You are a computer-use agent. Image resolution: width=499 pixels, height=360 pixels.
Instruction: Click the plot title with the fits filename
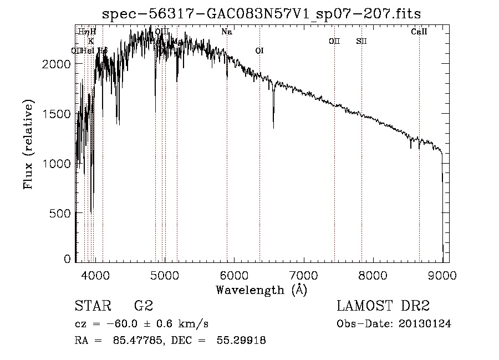(x=266, y=14)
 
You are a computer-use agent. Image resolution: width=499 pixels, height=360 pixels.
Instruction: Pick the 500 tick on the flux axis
(x=62, y=213)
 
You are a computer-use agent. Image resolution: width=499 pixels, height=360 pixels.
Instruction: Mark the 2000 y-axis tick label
(x=58, y=64)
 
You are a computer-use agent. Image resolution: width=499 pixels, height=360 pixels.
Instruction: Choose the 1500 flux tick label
(x=58, y=114)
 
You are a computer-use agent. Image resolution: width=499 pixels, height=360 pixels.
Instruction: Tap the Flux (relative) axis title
(x=28, y=144)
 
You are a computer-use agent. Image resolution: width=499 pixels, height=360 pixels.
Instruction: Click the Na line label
(x=226, y=32)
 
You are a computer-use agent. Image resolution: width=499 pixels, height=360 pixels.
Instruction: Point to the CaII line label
(x=419, y=32)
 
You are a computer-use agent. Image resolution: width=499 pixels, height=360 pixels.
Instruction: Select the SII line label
(x=361, y=42)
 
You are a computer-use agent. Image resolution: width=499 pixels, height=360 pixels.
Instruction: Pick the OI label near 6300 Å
(x=259, y=51)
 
